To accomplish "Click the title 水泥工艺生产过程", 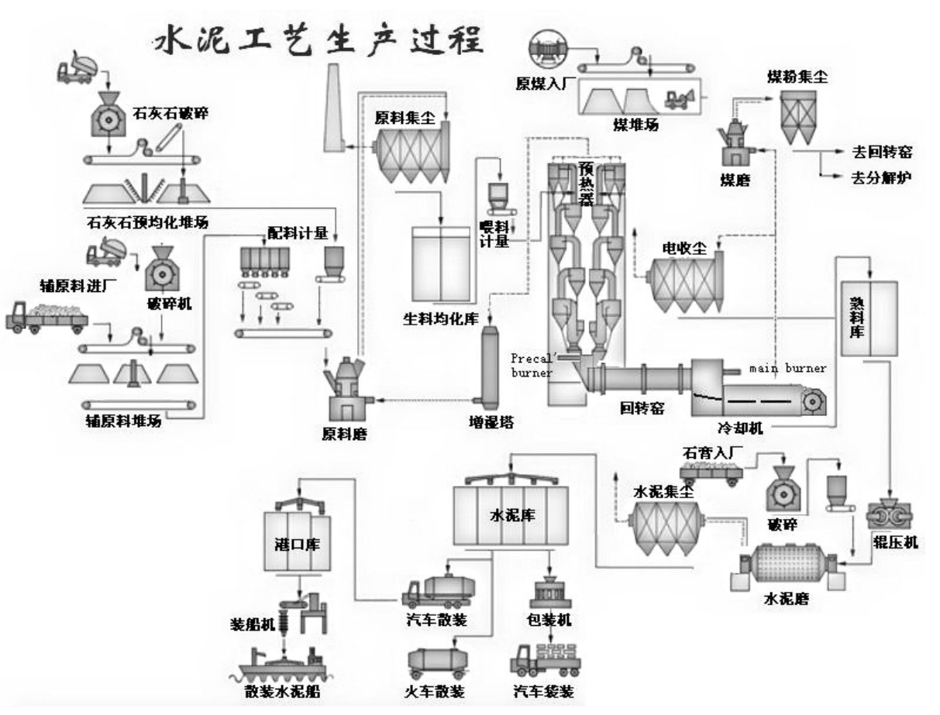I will pos(317,40).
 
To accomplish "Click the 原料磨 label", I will pos(345,434).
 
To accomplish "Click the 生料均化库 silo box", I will pos(441,263).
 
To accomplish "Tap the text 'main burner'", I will pos(787,369).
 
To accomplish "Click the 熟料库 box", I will pos(869,318).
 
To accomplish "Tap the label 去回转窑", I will pos(879,153).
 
